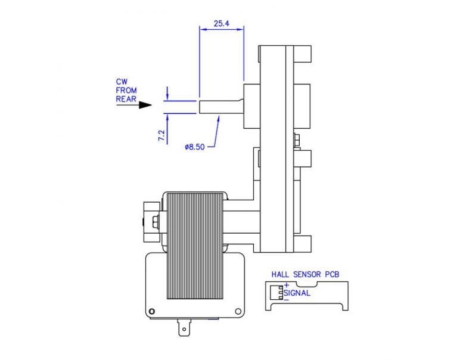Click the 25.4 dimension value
pos(221,25)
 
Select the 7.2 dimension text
pos(161,135)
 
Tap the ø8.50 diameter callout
pos(195,147)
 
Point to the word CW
pos(122,81)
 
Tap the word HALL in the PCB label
pos(281,275)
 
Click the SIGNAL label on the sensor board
pos(297,293)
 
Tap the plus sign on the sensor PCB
pos(286,285)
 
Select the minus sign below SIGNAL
pos(286,300)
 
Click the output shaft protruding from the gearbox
pos(220,105)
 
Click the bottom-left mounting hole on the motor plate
pos(153,311)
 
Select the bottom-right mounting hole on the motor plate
pos(238,311)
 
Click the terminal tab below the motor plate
pos(185,328)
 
